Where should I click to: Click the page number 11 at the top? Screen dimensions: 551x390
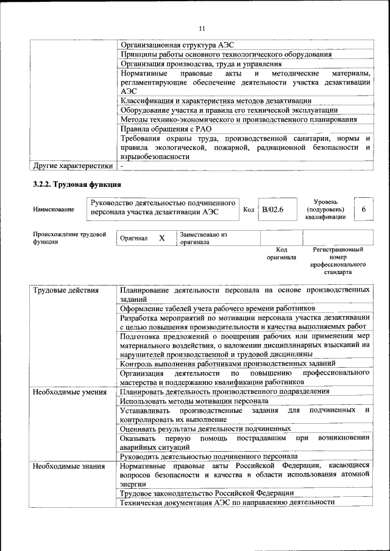pos(202,27)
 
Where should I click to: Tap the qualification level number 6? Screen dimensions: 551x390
pos(363,209)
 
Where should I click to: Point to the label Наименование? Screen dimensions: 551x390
pos(54,209)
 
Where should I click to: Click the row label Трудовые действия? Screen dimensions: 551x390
pos(65,290)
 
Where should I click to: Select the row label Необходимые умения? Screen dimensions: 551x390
pos(70,392)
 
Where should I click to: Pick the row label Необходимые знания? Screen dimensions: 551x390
pos(68,465)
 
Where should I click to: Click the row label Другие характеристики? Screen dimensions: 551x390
pos(73,166)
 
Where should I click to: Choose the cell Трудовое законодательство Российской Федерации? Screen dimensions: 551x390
pos(207,493)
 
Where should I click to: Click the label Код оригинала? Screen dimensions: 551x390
pos(281,253)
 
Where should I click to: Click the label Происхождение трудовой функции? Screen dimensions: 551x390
pos(69,237)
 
